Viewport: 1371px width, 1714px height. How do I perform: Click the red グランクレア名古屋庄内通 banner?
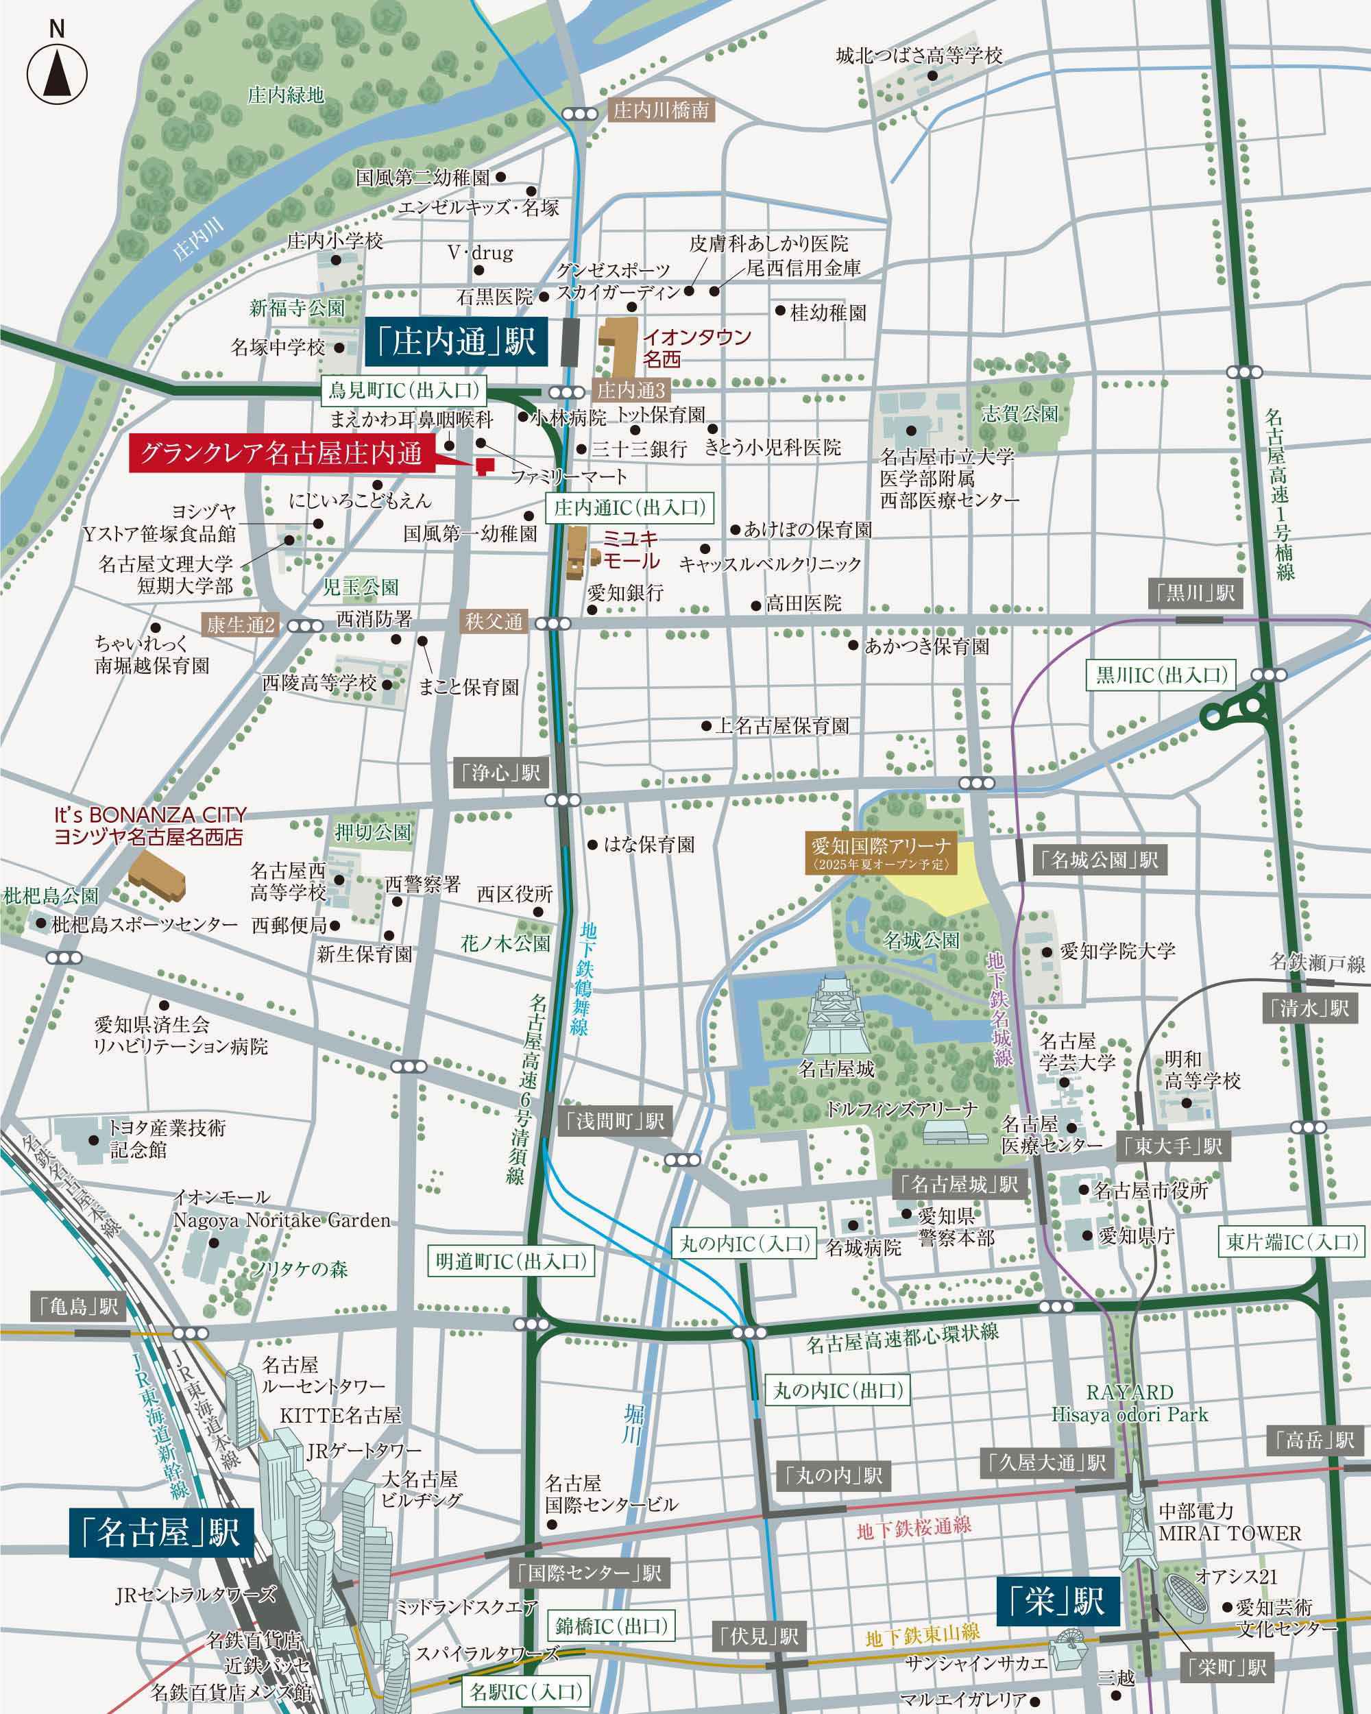point(282,454)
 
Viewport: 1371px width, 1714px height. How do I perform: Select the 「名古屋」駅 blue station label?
point(161,1532)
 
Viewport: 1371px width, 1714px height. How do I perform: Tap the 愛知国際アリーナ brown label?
point(879,853)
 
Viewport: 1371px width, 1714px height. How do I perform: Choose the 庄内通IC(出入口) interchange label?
point(629,508)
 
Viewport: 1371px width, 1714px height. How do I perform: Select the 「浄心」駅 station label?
point(500,772)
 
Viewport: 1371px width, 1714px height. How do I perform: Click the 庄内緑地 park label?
point(285,95)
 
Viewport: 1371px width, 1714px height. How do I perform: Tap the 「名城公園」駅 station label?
point(1099,859)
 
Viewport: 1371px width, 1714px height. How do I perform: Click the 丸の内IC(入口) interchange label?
point(744,1244)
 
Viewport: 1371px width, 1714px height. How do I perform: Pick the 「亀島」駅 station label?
point(78,1305)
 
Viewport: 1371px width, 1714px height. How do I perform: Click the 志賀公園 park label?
point(1020,413)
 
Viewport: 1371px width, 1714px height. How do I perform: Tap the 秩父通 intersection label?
point(494,622)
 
